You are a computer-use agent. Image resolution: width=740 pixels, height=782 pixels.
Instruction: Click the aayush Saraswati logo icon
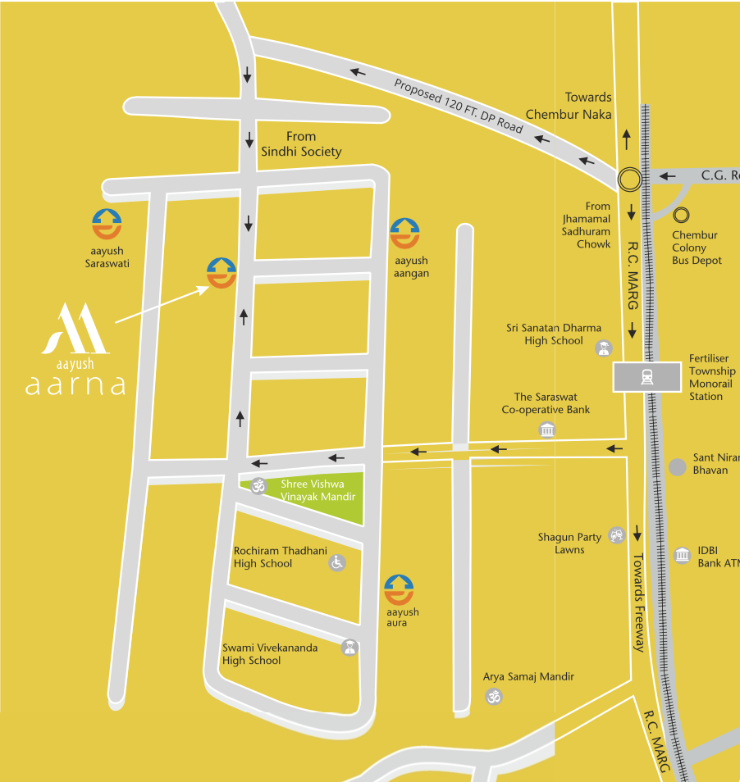(x=107, y=225)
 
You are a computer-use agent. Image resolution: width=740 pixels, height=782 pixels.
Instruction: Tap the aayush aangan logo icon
(x=405, y=234)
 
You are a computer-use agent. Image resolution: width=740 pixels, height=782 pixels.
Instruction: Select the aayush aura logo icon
(x=400, y=590)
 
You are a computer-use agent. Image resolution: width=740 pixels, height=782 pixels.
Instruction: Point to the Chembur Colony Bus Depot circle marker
(x=682, y=216)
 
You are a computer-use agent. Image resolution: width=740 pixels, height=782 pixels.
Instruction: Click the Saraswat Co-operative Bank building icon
(x=547, y=430)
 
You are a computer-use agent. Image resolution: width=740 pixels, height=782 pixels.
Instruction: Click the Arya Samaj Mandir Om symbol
(x=493, y=698)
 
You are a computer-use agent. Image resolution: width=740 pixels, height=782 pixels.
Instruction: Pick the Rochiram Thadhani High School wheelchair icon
(x=336, y=562)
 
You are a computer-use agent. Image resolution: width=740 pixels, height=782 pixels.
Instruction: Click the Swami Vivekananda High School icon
(x=349, y=648)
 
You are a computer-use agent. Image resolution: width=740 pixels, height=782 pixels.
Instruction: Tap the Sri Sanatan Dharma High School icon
(x=604, y=348)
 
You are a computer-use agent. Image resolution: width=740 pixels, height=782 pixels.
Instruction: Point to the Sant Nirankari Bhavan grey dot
(x=677, y=467)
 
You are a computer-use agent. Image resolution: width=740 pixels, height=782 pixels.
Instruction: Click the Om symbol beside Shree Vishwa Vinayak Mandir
(x=259, y=484)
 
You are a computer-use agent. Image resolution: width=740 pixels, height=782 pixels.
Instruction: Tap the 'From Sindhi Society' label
(x=301, y=144)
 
